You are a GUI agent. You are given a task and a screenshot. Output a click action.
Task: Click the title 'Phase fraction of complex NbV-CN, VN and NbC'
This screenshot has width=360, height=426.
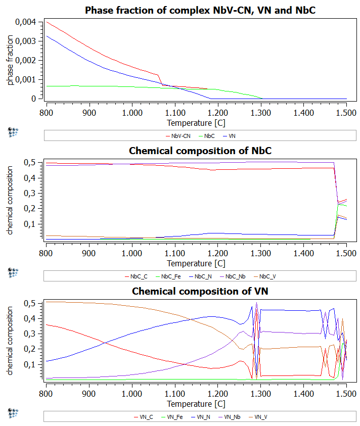[x=200, y=10]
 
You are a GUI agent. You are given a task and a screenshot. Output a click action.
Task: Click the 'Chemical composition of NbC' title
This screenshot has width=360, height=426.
[x=200, y=151]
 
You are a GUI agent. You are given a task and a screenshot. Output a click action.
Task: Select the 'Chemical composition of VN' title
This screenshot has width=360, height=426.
[x=200, y=291]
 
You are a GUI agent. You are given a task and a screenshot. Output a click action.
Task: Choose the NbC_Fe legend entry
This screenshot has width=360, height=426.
[x=171, y=276]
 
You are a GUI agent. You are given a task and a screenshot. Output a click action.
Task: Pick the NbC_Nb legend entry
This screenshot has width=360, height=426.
[x=236, y=276]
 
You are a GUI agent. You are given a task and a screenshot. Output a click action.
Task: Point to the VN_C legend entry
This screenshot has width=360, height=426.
[x=144, y=417]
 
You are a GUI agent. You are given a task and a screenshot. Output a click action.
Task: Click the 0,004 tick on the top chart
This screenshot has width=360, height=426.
[x=26, y=22]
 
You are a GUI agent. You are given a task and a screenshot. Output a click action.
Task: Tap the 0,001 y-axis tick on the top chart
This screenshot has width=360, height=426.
[x=26, y=80]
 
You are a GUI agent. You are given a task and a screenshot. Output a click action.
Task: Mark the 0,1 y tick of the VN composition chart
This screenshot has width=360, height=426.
[x=33, y=364]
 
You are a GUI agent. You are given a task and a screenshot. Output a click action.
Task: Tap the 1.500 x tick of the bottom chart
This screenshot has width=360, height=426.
[x=346, y=392]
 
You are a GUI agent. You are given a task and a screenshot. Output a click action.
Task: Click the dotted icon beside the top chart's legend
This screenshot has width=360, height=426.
[x=13, y=132]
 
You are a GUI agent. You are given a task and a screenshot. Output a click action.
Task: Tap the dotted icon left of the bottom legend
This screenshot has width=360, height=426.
[x=13, y=413]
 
